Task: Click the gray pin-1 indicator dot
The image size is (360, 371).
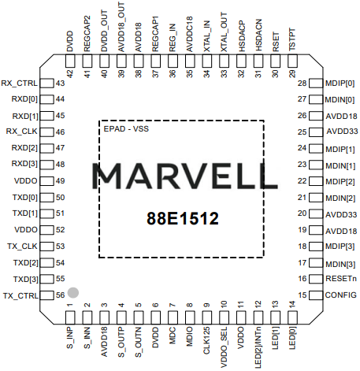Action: tap(73, 292)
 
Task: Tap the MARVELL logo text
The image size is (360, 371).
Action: tap(184, 176)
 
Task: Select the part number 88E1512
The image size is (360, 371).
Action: tap(183, 218)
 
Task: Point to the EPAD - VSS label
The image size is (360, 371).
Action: tap(126, 129)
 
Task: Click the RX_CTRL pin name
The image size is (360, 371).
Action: tap(19, 83)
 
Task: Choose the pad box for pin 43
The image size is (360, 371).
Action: tap(47, 83)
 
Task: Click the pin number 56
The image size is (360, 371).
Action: tap(60, 295)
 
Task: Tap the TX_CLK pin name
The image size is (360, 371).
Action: tap(22, 247)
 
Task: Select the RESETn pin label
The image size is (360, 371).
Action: tap(341, 279)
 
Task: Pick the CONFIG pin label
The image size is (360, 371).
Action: tap(341, 295)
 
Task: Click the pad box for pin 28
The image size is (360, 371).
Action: tap(316, 83)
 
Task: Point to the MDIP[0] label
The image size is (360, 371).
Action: tap(340, 83)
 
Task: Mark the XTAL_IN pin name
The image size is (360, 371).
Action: tap(207, 36)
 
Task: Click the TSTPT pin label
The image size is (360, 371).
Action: tap(292, 39)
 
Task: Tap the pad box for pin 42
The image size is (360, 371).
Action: tap(70, 61)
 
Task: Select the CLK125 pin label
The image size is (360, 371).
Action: tap(207, 340)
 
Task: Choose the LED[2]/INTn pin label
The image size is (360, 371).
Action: tap(258, 347)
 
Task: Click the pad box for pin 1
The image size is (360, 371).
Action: tap(70, 317)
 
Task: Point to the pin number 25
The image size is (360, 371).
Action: tap(302, 132)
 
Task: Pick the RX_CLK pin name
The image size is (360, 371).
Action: tap(22, 132)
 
